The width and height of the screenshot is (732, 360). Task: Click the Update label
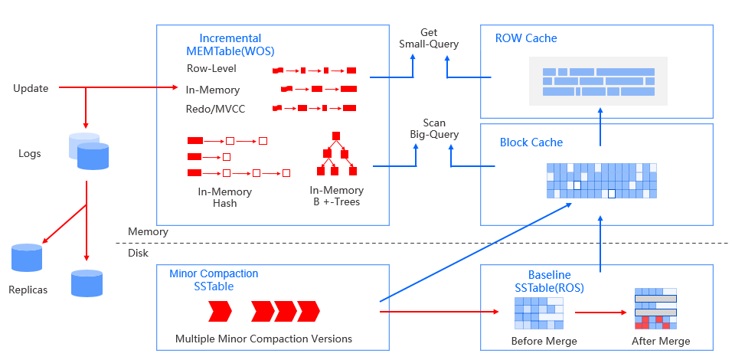(31, 88)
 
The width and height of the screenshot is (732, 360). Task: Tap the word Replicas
(28, 290)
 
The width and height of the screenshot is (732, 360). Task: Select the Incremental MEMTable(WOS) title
(230, 44)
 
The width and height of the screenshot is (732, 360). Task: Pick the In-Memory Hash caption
(224, 198)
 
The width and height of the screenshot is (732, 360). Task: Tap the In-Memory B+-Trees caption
(336, 196)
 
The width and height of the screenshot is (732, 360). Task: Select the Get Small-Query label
(429, 38)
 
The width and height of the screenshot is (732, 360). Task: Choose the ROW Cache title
(526, 38)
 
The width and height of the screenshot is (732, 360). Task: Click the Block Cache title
(531, 142)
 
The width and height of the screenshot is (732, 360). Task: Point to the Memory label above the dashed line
(148, 231)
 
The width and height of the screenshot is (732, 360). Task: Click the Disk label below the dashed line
(138, 253)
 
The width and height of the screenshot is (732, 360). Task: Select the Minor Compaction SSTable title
(214, 280)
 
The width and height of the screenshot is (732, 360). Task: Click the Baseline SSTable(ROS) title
(550, 280)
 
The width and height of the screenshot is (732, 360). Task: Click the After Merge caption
(661, 341)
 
